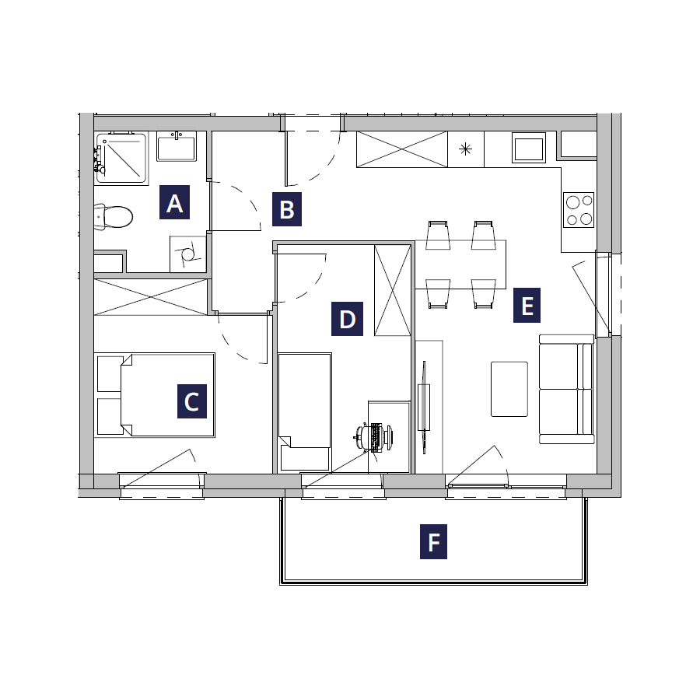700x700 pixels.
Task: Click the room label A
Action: click(174, 202)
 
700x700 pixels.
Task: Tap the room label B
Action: click(286, 209)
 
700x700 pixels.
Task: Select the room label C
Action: click(192, 401)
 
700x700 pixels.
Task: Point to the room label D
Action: click(347, 319)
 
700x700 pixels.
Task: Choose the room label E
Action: click(527, 306)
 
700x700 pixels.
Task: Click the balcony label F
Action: click(433, 541)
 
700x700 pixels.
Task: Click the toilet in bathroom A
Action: click(114, 217)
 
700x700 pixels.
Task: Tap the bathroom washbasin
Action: click(177, 146)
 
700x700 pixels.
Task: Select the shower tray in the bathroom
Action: click(121, 158)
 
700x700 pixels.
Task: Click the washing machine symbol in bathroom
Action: click(188, 254)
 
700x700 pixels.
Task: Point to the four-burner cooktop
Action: click(579, 210)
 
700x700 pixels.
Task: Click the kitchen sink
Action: click(529, 148)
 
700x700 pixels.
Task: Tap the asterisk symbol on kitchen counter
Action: click(466, 149)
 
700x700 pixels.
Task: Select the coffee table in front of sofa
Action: click(509, 390)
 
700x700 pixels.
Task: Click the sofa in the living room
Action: click(566, 389)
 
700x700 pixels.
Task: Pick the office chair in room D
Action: click(374, 436)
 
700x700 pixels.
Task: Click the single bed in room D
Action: click(304, 411)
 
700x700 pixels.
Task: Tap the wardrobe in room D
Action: click(393, 290)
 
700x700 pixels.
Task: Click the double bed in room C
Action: click(155, 395)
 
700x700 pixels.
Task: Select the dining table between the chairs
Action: click(460, 264)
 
